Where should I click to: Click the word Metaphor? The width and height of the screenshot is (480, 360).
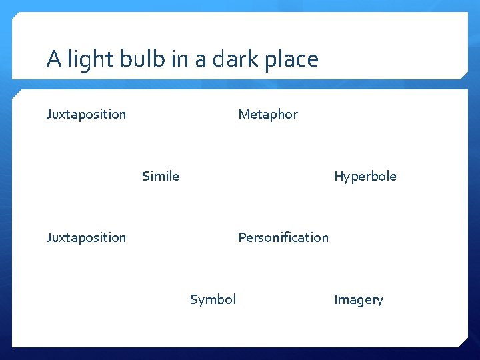coord(268,114)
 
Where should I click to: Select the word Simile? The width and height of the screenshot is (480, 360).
coord(160,176)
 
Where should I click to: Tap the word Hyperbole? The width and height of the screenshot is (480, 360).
coord(365,176)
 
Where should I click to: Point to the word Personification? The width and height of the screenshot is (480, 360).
coord(283,237)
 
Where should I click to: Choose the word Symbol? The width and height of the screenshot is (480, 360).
coord(213,299)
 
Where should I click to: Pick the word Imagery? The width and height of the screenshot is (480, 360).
coord(358,300)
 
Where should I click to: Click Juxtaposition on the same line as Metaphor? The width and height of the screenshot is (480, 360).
coord(86,114)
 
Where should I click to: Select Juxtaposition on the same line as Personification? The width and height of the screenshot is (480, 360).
coord(86,237)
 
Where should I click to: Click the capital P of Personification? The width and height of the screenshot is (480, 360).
coord(242,237)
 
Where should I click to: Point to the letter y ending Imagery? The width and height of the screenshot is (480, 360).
coord(380,301)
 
